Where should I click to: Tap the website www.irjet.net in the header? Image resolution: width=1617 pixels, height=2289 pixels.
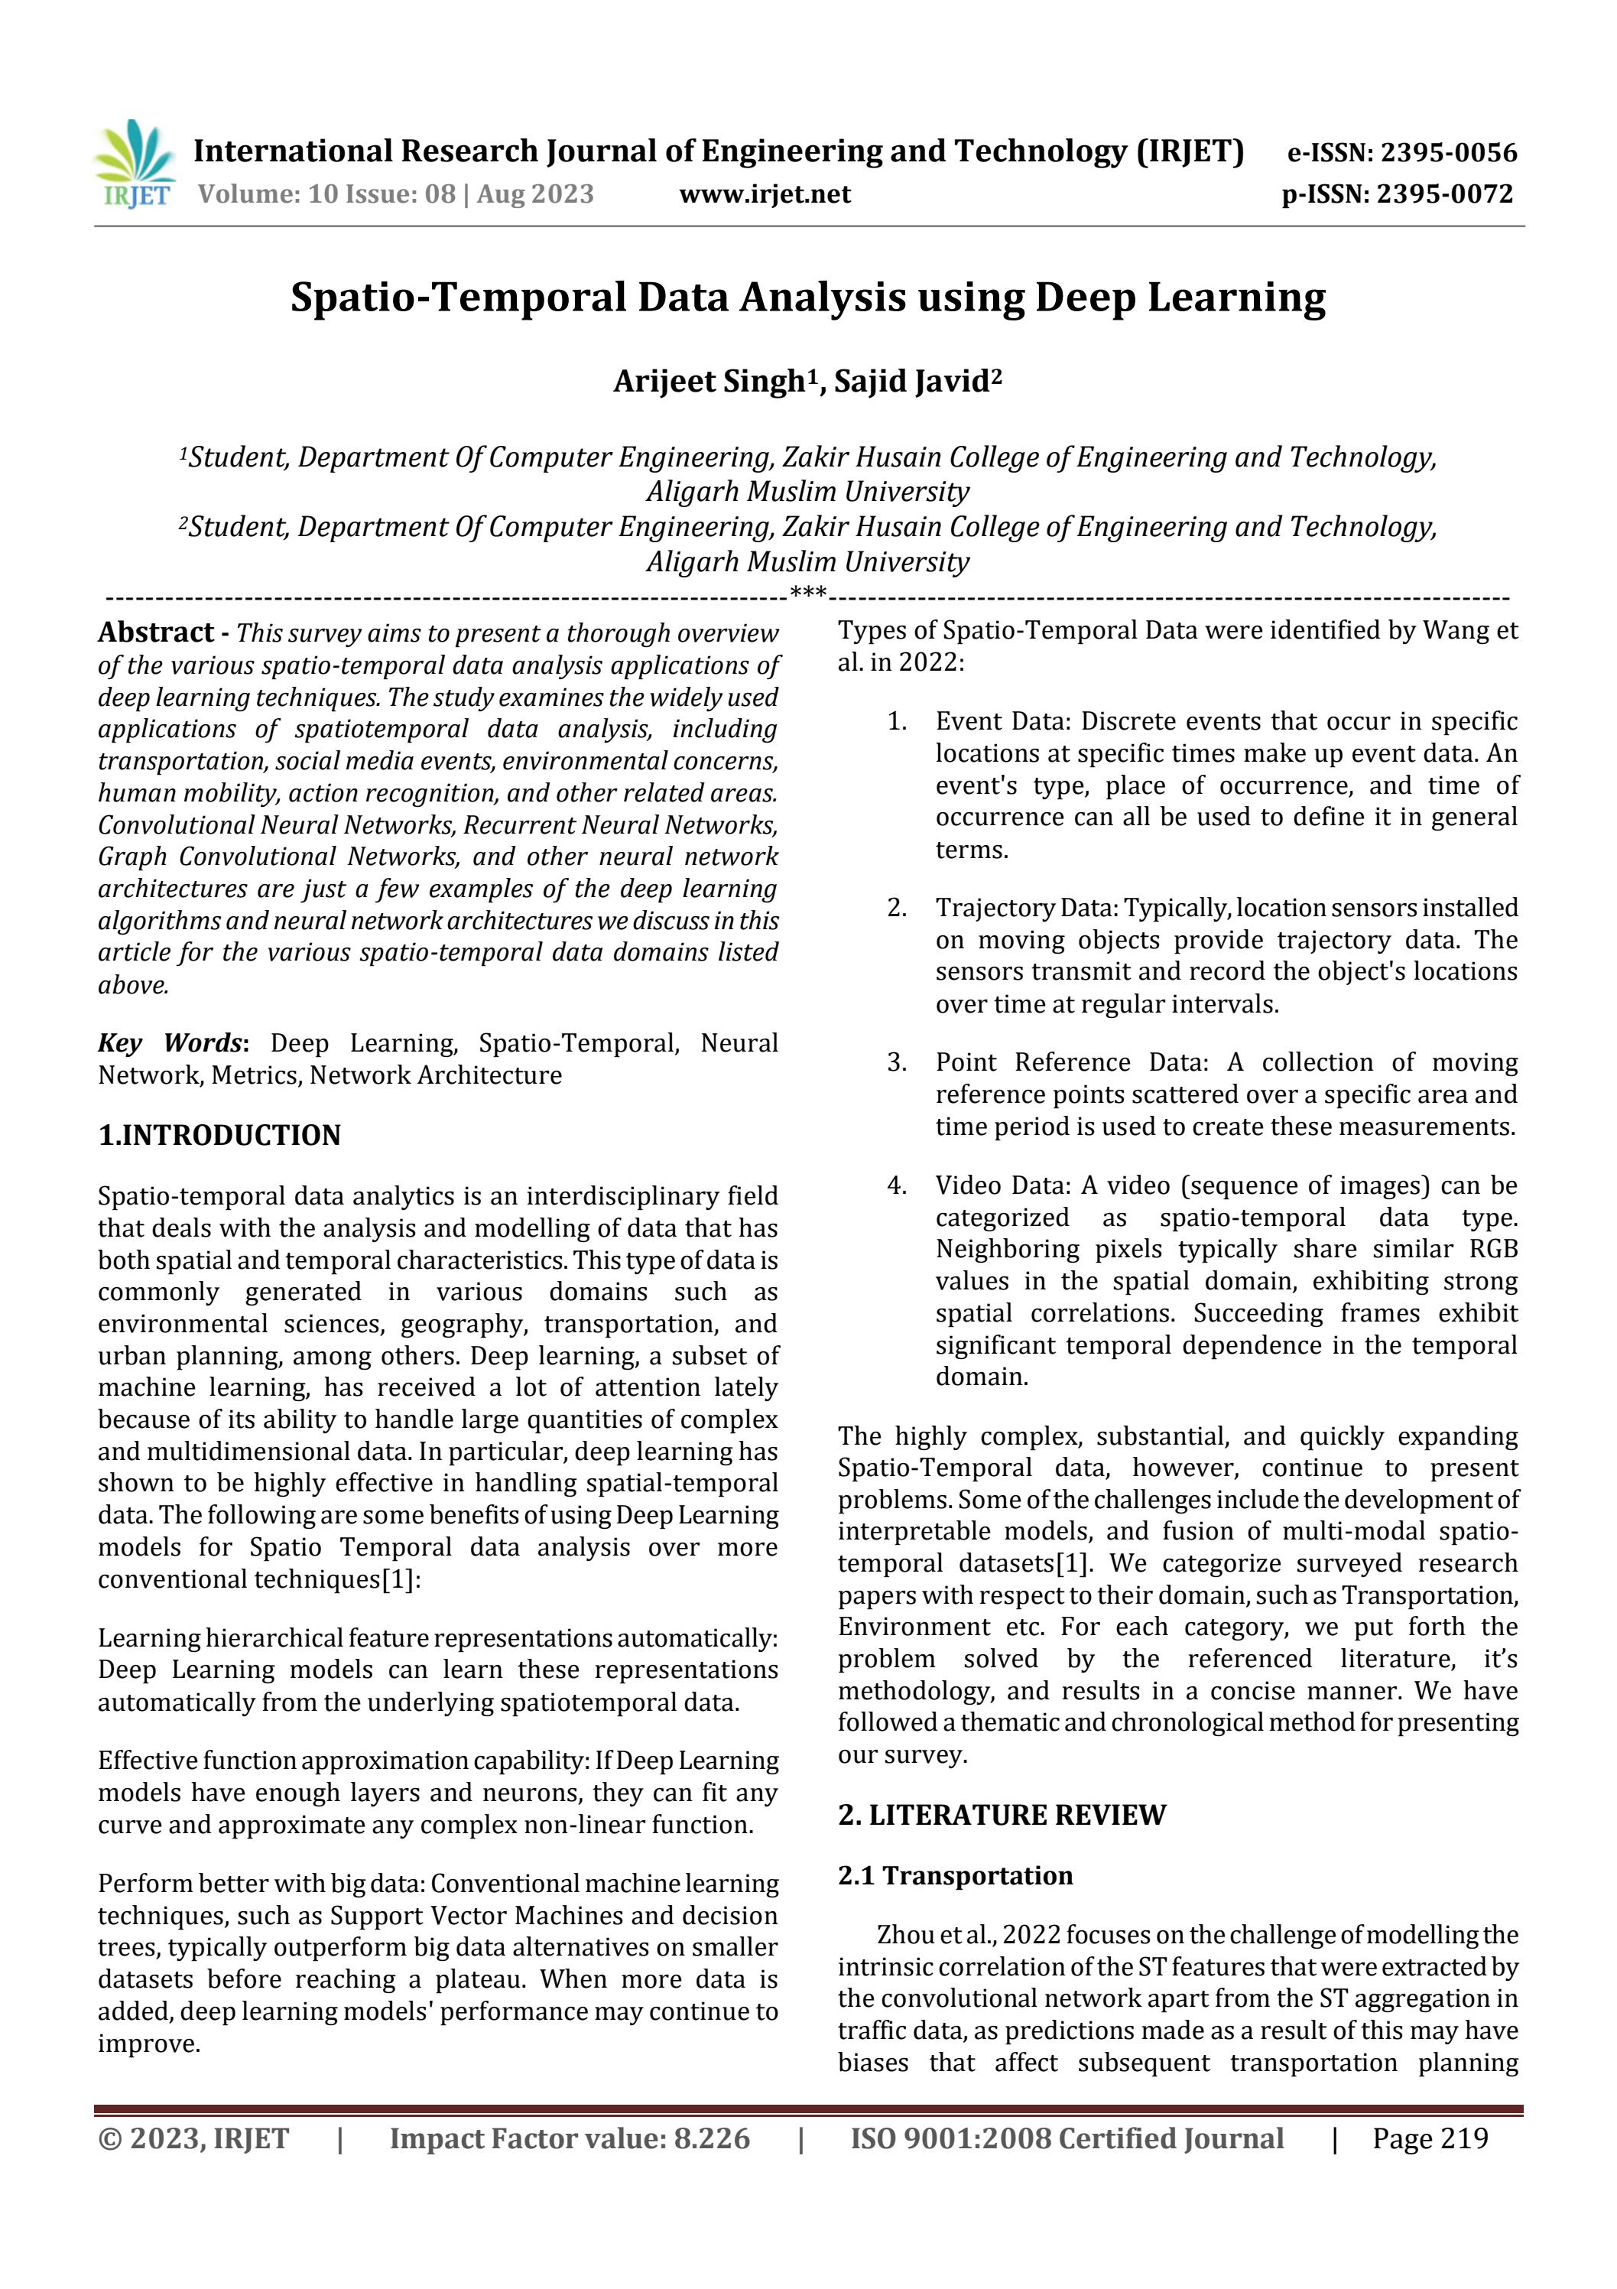click(x=765, y=193)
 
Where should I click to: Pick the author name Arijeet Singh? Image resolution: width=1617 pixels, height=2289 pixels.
click(x=708, y=382)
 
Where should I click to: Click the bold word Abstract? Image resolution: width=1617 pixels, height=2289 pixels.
click(x=155, y=632)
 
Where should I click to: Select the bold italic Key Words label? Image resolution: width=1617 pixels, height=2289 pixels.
click(x=170, y=1043)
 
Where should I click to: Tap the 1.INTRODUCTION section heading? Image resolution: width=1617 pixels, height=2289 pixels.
click(x=219, y=1134)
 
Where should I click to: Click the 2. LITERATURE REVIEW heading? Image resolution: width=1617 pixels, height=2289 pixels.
click(x=1001, y=1814)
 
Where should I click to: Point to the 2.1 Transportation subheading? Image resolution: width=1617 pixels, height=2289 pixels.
click(x=955, y=1875)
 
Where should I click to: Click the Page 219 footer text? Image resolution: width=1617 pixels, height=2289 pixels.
click(x=1430, y=2138)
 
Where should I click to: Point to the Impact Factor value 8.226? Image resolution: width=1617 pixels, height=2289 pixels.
click(x=570, y=2138)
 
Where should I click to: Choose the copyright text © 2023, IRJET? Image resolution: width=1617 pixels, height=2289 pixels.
click(x=193, y=2138)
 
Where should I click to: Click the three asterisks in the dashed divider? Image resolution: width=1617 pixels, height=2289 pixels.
click(x=807, y=595)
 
